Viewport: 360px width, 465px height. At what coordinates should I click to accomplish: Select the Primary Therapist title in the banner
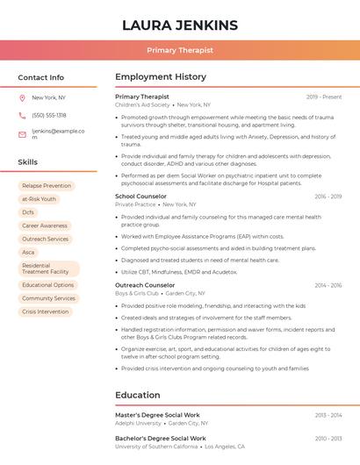pyautogui.click(x=179, y=51)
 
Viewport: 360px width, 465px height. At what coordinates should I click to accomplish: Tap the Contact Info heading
pyautogui.click(x=41, y=77)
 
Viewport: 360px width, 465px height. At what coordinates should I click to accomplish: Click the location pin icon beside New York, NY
pyautogui.click(x=22, y=97)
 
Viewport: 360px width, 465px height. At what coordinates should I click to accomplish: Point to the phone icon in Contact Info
pyautogui.click(x=22, y=116)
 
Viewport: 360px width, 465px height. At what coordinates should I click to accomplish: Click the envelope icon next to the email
pyautogui.click(x=22, y=134)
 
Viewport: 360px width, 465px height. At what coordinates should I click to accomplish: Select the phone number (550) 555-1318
pyautogui.click(x=49, y=116)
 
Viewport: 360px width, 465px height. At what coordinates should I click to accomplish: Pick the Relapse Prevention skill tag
pyautogui.click(x=47, y=186)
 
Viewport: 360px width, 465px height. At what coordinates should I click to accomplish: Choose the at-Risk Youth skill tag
pyautogui.click(x=40, y=199)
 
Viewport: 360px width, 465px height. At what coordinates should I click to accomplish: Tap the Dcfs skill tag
pyautogui.click(x=28, y=212)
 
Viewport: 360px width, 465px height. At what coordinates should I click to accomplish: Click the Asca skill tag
pyautogui.click(x=29, y=252)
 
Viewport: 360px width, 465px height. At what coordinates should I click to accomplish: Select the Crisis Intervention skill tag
pyautogui.click(x=45, y=311)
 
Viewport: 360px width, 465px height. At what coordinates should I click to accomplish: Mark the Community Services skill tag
pyautogui.click(x=49, y=298)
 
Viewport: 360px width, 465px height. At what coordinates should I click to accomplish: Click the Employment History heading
pyautogui.click(x=160, y=77)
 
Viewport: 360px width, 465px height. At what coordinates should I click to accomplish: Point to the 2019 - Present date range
pyautogui.click(x=324, y=97)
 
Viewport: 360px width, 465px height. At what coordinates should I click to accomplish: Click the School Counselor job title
pyautogui.click(x=140, y=197)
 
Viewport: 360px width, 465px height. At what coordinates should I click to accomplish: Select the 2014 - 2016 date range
pyautogui.click(x=328, y=285)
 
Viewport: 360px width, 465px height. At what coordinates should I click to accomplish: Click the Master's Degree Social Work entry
pyautogui.click(x=157, y=415)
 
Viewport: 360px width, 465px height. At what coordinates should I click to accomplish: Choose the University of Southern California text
pyautogui.click(x=156, y=447)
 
